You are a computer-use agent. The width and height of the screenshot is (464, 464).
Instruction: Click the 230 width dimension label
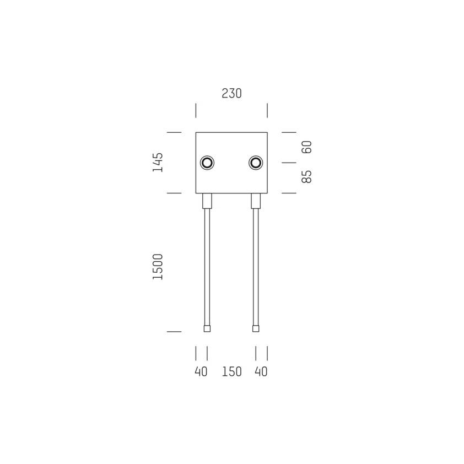tap(231, 93)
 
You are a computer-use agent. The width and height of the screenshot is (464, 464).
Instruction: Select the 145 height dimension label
tap(158, 162)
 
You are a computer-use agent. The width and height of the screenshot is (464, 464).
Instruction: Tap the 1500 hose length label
tap(158, 267)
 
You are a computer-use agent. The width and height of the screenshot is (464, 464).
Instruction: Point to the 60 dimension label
tap(306, 147)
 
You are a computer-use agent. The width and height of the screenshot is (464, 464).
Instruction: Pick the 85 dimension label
tap(306, 177)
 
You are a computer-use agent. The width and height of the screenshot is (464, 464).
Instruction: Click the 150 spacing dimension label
tap(231, 371)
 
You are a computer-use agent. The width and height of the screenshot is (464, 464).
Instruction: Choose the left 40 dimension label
tap(201, 371)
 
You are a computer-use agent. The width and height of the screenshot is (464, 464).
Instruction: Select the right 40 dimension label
tap(261, 371)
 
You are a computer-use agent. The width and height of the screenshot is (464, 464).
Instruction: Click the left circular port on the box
tap(207, 163)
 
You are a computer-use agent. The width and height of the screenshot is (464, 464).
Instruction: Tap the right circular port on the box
tap(256, 163)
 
